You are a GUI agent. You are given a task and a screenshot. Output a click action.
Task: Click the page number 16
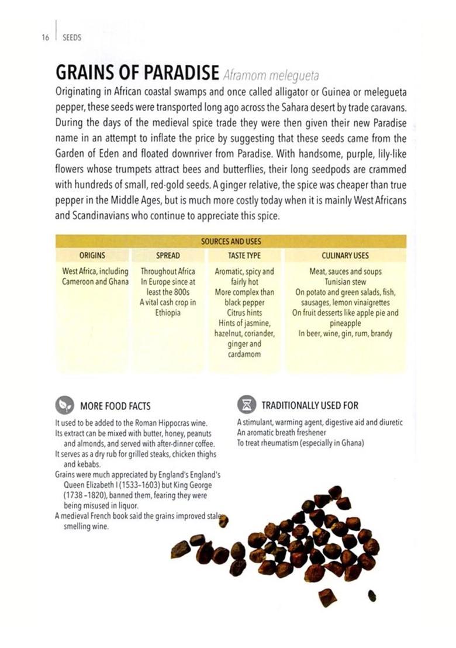45,37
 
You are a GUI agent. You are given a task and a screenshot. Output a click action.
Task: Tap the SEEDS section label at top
71,37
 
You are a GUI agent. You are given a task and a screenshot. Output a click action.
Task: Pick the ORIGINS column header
92,256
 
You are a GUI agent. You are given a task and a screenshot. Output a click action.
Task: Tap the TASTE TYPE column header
244,256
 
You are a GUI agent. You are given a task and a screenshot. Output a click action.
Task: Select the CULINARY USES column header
345,256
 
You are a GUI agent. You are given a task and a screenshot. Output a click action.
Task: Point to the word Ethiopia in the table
168,312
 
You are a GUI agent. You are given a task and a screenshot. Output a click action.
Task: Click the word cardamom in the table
244,354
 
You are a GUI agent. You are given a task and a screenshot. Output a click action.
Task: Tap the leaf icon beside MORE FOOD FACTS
64,405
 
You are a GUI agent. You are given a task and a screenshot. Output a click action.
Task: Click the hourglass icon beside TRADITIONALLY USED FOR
247,405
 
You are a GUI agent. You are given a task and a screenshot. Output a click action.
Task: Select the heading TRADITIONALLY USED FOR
310,405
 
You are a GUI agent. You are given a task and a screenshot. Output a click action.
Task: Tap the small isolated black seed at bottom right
371,595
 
